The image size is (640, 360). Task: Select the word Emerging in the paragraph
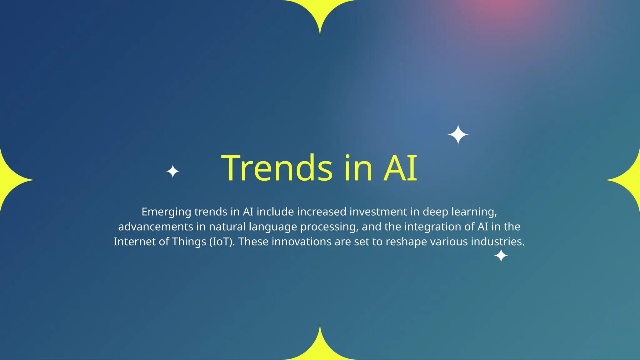point(166,212)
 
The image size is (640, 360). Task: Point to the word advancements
point(156,227)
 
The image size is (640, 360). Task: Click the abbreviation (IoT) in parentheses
point(222,242)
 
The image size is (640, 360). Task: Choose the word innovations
point(301,242)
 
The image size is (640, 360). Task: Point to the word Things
point(189,242)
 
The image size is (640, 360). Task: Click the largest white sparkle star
point(458,135)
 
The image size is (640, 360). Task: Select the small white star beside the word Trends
point(172,172)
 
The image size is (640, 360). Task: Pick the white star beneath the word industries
point(501,256)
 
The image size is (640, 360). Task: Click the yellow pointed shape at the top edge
point(320,12)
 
